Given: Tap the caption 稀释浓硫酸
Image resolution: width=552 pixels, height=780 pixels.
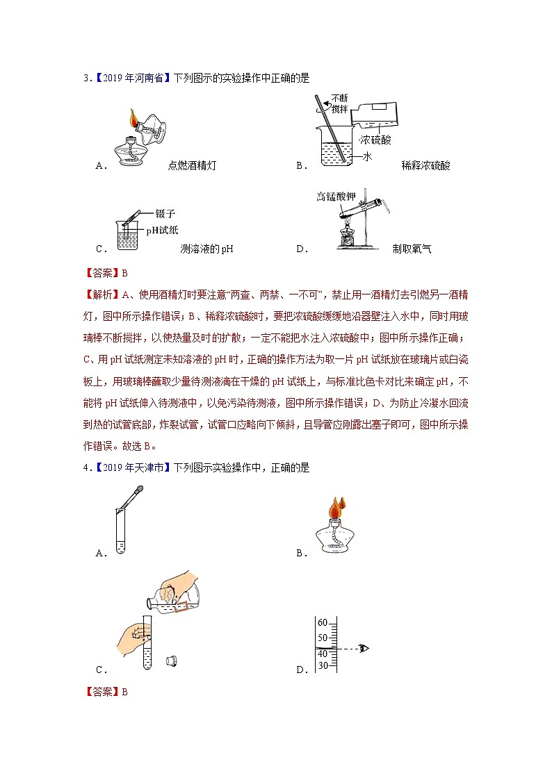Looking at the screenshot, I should [x=425, y=165].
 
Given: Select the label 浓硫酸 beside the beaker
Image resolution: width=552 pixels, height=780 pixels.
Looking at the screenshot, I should [x=375, y=140].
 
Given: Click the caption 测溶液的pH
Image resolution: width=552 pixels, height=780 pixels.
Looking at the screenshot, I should [x=206, y=249].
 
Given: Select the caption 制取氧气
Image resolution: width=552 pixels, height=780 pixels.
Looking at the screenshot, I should [x=412, y=249].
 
